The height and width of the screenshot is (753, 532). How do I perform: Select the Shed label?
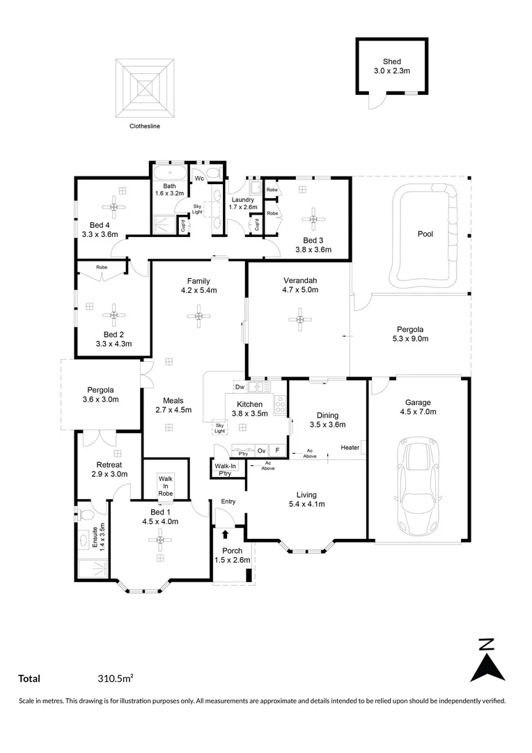pos(392,61)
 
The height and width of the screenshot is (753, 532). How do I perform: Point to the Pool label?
pos(425,234)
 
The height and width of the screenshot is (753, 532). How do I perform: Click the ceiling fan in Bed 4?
pos(114,206)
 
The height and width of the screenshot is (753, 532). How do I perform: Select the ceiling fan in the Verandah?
pos(300,320)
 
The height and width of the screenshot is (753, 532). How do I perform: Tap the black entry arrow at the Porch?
pos(225,535)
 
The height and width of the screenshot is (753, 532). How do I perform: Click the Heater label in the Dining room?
pos(350,447)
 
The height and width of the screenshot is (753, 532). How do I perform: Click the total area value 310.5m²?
pos(116,678)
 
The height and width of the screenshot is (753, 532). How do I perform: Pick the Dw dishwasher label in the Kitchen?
pos(239,386)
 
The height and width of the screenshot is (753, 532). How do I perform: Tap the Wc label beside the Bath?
pos(198,178)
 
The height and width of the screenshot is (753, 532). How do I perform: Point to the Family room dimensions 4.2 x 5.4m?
pos(198,291)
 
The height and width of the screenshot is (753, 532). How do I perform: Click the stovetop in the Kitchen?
pos(280,404)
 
